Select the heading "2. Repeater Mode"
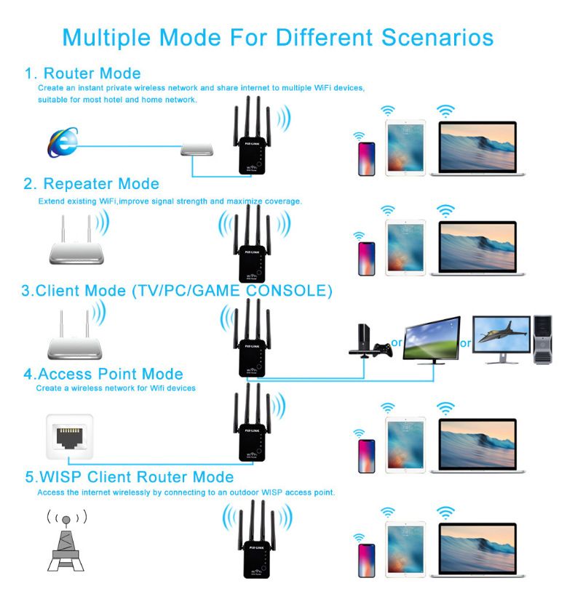[x=91, y=183]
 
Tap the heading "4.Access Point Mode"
[x=103, y=374]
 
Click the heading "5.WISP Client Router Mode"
[x=130, y=478]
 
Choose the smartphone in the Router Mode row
[x=364, y=158]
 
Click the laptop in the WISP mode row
[x=477, y=550]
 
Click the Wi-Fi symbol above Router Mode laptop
[x=445, y=111]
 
